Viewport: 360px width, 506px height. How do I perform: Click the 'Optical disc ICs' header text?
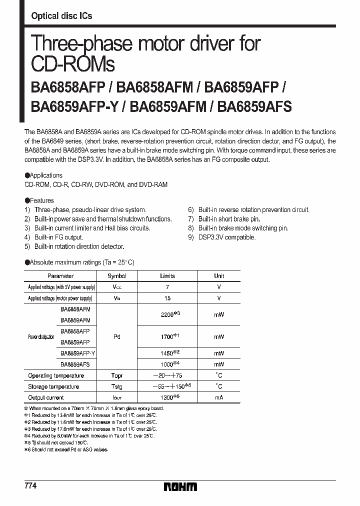[61, 16]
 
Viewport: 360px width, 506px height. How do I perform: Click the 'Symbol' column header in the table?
[117, 276]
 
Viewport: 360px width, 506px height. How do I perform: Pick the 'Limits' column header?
[167, 276]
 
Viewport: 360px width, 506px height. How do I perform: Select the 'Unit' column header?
[219, 276]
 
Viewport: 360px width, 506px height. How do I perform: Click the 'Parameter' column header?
[60, 276]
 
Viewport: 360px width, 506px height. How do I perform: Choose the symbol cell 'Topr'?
[117, 375]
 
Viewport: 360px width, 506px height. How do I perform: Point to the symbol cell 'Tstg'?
[117, 386]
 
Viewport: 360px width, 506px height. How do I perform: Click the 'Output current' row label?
[46, 397]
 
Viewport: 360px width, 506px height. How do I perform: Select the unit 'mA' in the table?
[219, 397]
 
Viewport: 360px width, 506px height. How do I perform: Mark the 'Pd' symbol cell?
[117, 337]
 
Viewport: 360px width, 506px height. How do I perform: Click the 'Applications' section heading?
[45, 175]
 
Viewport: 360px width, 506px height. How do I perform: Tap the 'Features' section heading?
[42, 200]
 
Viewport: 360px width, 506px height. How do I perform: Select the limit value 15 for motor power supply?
[167, 298]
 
